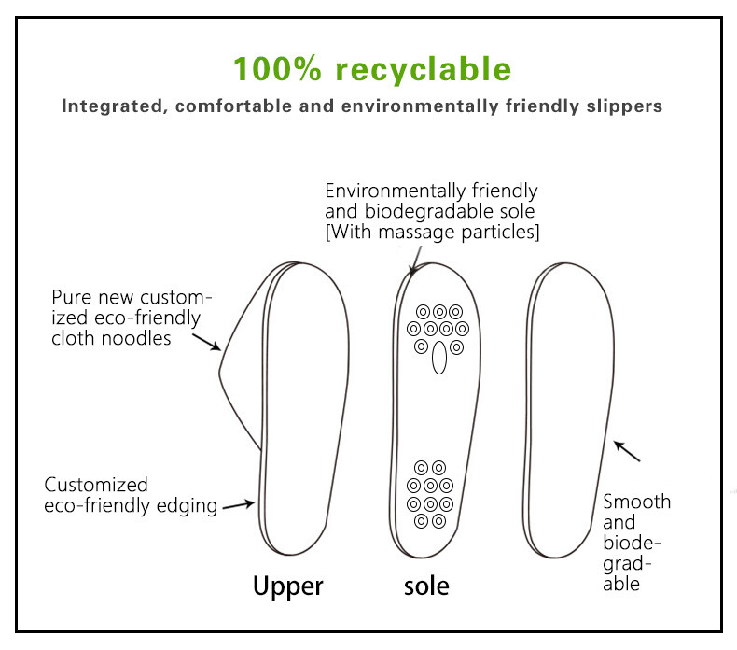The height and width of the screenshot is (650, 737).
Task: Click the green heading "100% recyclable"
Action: pyautogui.click(x=371, y=69)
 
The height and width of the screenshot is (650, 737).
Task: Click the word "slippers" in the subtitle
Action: pyautogui.click(x=624, y=106)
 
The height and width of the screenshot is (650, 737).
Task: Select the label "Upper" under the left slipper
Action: pyautogui.click(x=288, y=586)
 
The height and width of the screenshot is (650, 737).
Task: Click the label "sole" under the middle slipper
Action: pyautogui.click(x=426, y=586)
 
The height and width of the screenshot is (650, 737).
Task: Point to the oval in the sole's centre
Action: pyautogui.click(x=438, y=357)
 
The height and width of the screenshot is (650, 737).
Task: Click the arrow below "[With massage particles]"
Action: pyautogui.click(x=413, y=262)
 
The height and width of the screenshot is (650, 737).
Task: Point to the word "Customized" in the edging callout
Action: pyautogui.click(x=96, y=485)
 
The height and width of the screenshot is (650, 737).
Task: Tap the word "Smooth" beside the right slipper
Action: pyautogui.click(x=636, y=502)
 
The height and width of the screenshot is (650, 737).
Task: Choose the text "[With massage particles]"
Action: pyautogui.click(x=432, y=232)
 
